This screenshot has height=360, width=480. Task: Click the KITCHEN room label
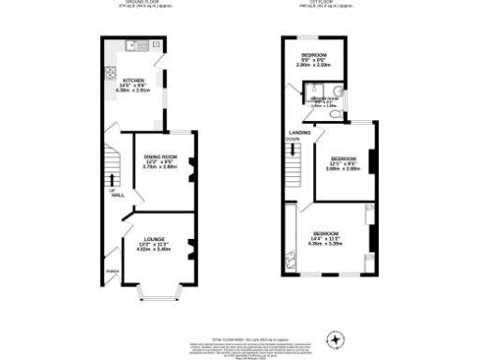click(x=133, y=81)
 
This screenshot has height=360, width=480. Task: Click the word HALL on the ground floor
click(x=118, y=195)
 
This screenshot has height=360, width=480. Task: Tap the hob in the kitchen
click(x=111, y=73)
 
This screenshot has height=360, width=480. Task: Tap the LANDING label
click(x=300, y=133)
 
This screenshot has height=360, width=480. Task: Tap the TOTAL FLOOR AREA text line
click(x=240, y=337)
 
